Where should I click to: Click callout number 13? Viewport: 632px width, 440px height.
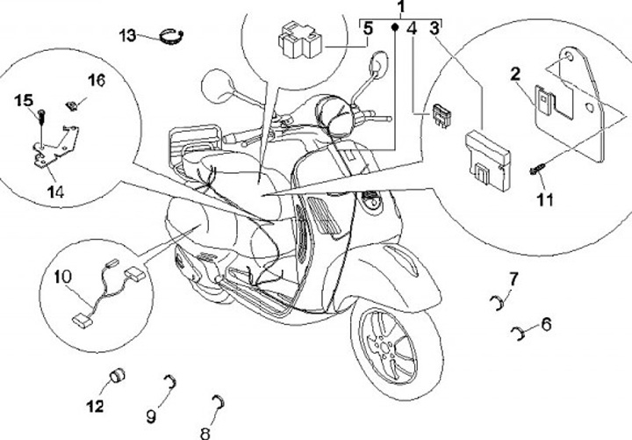[x=128, y=35]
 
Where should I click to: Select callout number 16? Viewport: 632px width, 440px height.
[x=96, y=81]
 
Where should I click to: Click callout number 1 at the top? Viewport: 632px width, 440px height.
[x=401, y=9]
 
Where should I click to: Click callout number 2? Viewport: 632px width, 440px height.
[x=517, y=75]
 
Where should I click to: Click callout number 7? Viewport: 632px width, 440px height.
[x=514, y=279]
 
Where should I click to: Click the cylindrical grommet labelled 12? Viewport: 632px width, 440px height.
[x=116, y=379]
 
